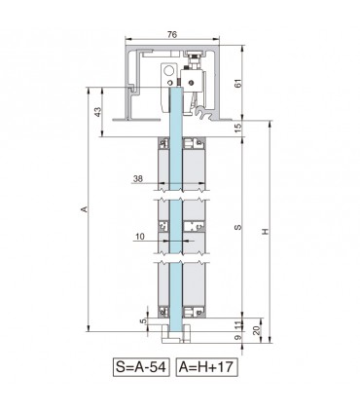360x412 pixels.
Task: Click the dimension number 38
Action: pyautogui.click(x=140, y=178)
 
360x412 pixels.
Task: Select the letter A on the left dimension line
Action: pyautogui.click(x=84, y=209)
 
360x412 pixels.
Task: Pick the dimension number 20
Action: pyautogui.click(x=256, y=330)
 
